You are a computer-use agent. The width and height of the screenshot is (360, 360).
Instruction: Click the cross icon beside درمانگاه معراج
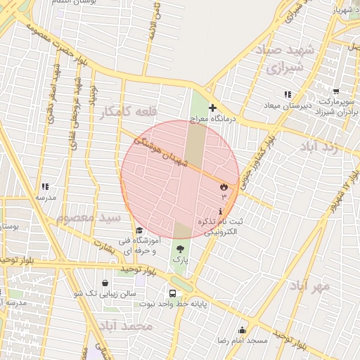[x=212, y=108]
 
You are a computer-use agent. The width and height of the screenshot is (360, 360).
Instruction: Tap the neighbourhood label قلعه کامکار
[x=127, y=112]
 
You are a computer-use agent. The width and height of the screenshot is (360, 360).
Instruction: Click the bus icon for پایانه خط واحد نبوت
[x=172, y=292]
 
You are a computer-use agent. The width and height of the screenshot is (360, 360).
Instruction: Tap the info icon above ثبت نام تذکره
[x=221, y=212]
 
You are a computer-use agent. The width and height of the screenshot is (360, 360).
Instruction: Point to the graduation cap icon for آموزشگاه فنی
[x=139, y=231]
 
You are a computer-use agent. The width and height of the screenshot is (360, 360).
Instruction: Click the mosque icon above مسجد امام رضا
[x=243, y=330]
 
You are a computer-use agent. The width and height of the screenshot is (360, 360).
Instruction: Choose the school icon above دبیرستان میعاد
[x=287, y=94]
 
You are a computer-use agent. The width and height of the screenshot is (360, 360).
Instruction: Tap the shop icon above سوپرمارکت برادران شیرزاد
[x=336, y=91]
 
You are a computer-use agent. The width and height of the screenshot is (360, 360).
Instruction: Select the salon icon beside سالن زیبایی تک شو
[x=105, y=283]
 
